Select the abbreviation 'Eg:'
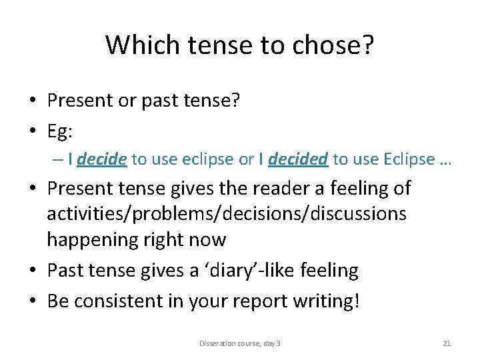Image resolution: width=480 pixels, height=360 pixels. tap(60, 131)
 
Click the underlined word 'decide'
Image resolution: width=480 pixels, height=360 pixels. tap(102, 159)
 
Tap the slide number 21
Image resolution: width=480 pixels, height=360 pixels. tap(447, 343)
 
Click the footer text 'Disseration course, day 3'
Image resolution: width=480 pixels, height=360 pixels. tap(240, 343)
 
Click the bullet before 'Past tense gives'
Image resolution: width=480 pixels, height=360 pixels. tap(32, 271)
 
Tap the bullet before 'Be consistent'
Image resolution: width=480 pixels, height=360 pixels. tap(32, 301)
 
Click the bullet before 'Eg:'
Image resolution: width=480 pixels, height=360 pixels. tap(32, 132)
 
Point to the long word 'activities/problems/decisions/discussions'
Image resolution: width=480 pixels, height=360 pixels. tap(227, 213)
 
